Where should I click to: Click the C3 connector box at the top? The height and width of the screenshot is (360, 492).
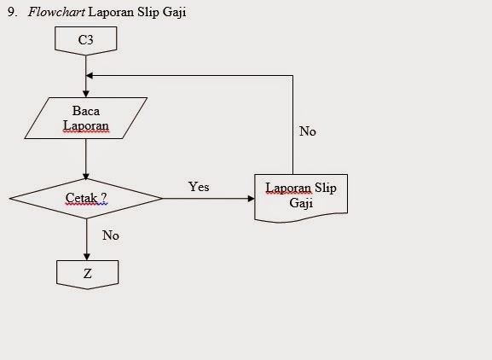point(85,39)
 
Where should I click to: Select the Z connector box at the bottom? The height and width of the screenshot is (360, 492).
point(87,273)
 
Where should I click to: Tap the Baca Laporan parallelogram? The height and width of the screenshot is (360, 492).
point(85,118)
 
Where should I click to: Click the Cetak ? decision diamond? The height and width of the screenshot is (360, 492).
point(86,198)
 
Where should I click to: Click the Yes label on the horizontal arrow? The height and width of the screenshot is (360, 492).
point(199,187)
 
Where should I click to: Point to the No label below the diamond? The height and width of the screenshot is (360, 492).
point(111,235)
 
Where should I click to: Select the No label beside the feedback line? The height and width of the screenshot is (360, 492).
point(308,131)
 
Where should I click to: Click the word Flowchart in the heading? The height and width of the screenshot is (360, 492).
point(55,12)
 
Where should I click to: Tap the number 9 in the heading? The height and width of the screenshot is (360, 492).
point(10,12)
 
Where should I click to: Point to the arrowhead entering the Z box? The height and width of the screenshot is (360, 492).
point(86,256)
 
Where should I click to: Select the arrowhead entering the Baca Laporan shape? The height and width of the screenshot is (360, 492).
point(86,93)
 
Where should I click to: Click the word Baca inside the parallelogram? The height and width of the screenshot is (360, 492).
point(86,111)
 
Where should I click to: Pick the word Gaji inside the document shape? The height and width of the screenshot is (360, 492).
point(300,205)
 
